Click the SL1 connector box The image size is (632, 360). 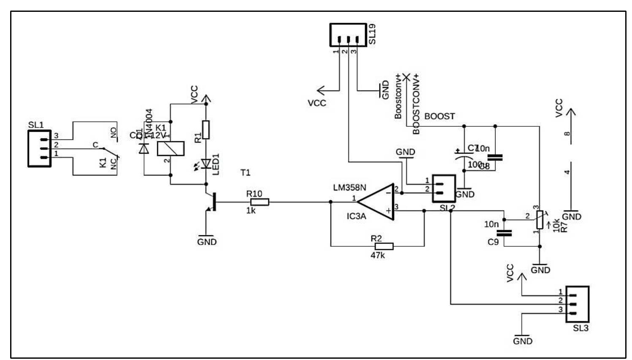pyautogui.click(x=40, y=148)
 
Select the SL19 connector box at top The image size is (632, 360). pyautogui.click(x=348, y=35)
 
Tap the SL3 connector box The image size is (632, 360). pyautogui.click(x=577, y=304)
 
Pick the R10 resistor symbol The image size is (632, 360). pyautogui.click(x=259, y=202)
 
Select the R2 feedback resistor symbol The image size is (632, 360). pyautogui.click(x=384, y=246)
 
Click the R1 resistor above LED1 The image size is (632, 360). pyautogui.click(x=206, y=130)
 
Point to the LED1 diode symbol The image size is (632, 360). pyautogui.click(x=206, y=164)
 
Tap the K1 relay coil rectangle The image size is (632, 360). pyautogui.click(x=171, y=148)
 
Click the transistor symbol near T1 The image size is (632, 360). pyautogui.click(x=211, y=203)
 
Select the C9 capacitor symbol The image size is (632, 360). pyautogui.click(x=504, y=233)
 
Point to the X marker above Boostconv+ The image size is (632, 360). pyautogui.click(x=406, y=77)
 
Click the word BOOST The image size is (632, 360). pyautogui.click(x=439, y=116)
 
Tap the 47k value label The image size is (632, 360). pyautogui.click(x=377, y=255)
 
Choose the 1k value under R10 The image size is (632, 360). pyautogui.click(x=251, y=210)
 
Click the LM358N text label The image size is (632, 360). pyautogui.click(x=349, y=188)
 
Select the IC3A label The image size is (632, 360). pyautogui.click(x=356, y=216)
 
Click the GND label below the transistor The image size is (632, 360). pyautogui.click(x=207, y=242)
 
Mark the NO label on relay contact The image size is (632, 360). pyautogui.click(x=114, y=133)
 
